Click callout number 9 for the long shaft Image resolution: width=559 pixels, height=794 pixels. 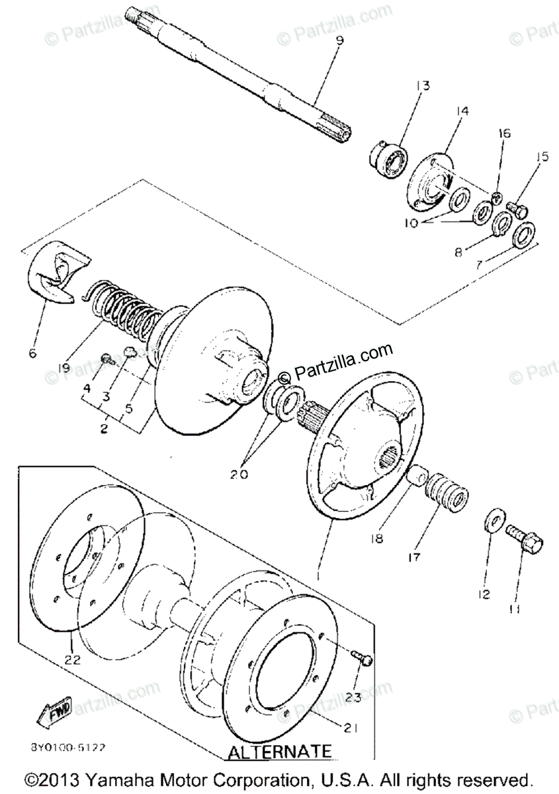[339, 42]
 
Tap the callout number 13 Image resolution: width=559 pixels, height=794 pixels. [422, 85]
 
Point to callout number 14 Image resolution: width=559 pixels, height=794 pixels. [461, 111]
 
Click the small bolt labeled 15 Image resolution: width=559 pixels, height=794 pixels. [517, 209]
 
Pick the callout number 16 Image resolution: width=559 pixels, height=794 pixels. [504, 133]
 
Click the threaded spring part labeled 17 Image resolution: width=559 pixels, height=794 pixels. [448, 494]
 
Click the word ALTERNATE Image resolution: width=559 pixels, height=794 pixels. [279, 752]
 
